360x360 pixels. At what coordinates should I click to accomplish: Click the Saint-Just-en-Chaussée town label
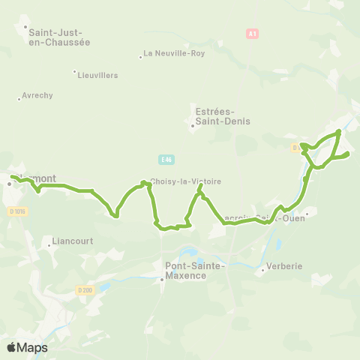(58, 37)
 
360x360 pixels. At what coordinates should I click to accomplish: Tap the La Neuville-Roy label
(173, 54)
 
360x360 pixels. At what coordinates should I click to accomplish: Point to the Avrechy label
(37, 96)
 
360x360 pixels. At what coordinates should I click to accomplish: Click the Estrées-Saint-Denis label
(223, 115)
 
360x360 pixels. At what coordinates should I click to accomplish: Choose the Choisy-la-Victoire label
(185, 181)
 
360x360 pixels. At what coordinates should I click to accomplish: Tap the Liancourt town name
(71, 242)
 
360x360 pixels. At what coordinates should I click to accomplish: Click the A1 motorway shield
(252, 34)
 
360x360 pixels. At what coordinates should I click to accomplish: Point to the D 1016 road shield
(17, 212)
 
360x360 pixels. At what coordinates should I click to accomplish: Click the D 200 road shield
(85, 290)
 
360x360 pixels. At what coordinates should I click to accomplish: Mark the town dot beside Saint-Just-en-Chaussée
(25, 28)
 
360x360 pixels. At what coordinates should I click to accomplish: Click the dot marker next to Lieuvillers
(75, 72)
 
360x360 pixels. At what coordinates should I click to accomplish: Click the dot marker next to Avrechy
(19, 99)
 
